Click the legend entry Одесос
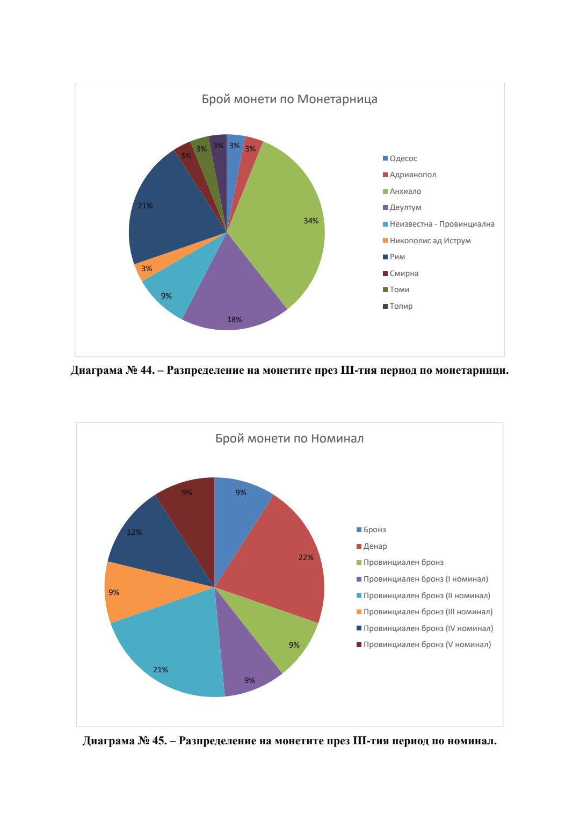coord(403,158)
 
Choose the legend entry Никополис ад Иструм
coord(430,241)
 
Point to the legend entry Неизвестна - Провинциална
coord(441,224)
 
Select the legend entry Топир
coord(401,306)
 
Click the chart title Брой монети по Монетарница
coord(289,99)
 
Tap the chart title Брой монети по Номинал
coord(289,439)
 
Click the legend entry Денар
coord(375,546)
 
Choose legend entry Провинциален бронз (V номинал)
coord(427,644)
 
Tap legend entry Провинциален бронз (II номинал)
coord(426,596)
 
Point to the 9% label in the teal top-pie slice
coord(166,296)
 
